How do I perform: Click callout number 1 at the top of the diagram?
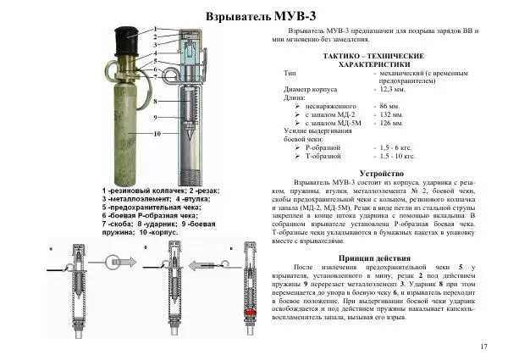point(156,28)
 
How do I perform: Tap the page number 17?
point(483,346)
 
